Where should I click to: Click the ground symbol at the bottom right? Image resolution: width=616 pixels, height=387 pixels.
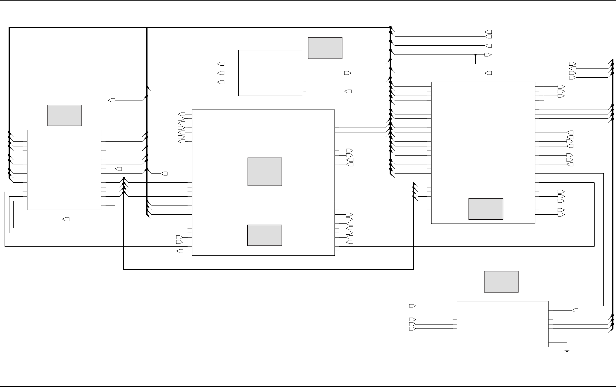tap(567, 349)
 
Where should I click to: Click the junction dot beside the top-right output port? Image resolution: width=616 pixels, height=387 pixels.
tap(475, 55)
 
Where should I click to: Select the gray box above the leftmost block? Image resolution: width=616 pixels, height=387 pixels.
tap(65, 115)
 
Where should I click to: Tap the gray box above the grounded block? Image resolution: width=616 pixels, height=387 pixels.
tap(501, 282)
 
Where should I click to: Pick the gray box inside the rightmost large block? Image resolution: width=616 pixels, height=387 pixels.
tap(486, 209)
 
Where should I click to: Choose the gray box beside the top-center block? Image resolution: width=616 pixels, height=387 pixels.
tap(325, 48)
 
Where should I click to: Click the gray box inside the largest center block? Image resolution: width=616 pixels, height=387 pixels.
tap(265, 172)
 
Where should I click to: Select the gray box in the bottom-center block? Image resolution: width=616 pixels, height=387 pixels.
tap(264, 235)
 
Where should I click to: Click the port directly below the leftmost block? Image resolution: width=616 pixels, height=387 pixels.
tap(66, 219)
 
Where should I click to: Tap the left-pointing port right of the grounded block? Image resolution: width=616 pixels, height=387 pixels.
tap(575, 310)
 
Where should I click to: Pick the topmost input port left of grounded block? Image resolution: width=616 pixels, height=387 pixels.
tap(412, 306)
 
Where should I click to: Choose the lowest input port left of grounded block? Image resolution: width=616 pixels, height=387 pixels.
tap(412, 329)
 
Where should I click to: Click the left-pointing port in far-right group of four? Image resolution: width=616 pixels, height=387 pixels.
tap(573, 68)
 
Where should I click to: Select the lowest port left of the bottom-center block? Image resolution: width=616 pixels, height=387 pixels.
tap(180, 251)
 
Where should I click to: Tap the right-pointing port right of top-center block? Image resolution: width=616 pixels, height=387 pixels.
tap(348, 73)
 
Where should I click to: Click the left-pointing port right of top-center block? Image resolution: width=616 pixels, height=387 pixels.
tap(348, 91)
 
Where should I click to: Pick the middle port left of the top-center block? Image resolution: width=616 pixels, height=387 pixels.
tap(221, 73)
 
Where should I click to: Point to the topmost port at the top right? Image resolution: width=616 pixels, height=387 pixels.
tap(489, 32)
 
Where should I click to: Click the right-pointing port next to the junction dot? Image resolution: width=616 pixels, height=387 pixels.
tap(488, 55)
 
